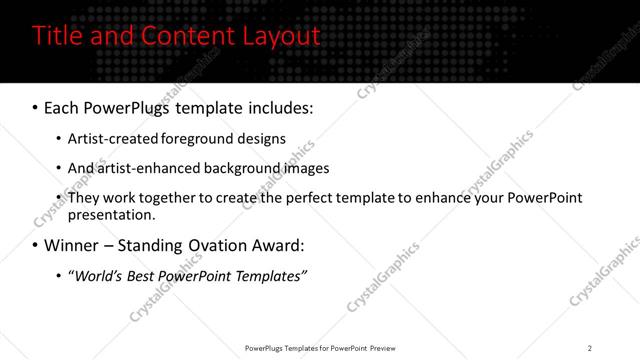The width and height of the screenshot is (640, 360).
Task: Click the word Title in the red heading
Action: coord(57,36)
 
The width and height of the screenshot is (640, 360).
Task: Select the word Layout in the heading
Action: coord(279,37)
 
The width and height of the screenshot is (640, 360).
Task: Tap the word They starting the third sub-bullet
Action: coord(83,198)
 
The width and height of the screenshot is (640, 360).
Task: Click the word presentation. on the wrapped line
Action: coord(111,215)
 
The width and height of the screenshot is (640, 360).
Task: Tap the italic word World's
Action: coord(97,276)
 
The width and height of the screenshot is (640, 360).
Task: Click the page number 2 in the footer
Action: coord(589,348)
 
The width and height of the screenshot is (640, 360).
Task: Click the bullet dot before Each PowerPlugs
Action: coord(35,107)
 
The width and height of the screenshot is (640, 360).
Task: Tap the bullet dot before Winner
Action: coord(35,245)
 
